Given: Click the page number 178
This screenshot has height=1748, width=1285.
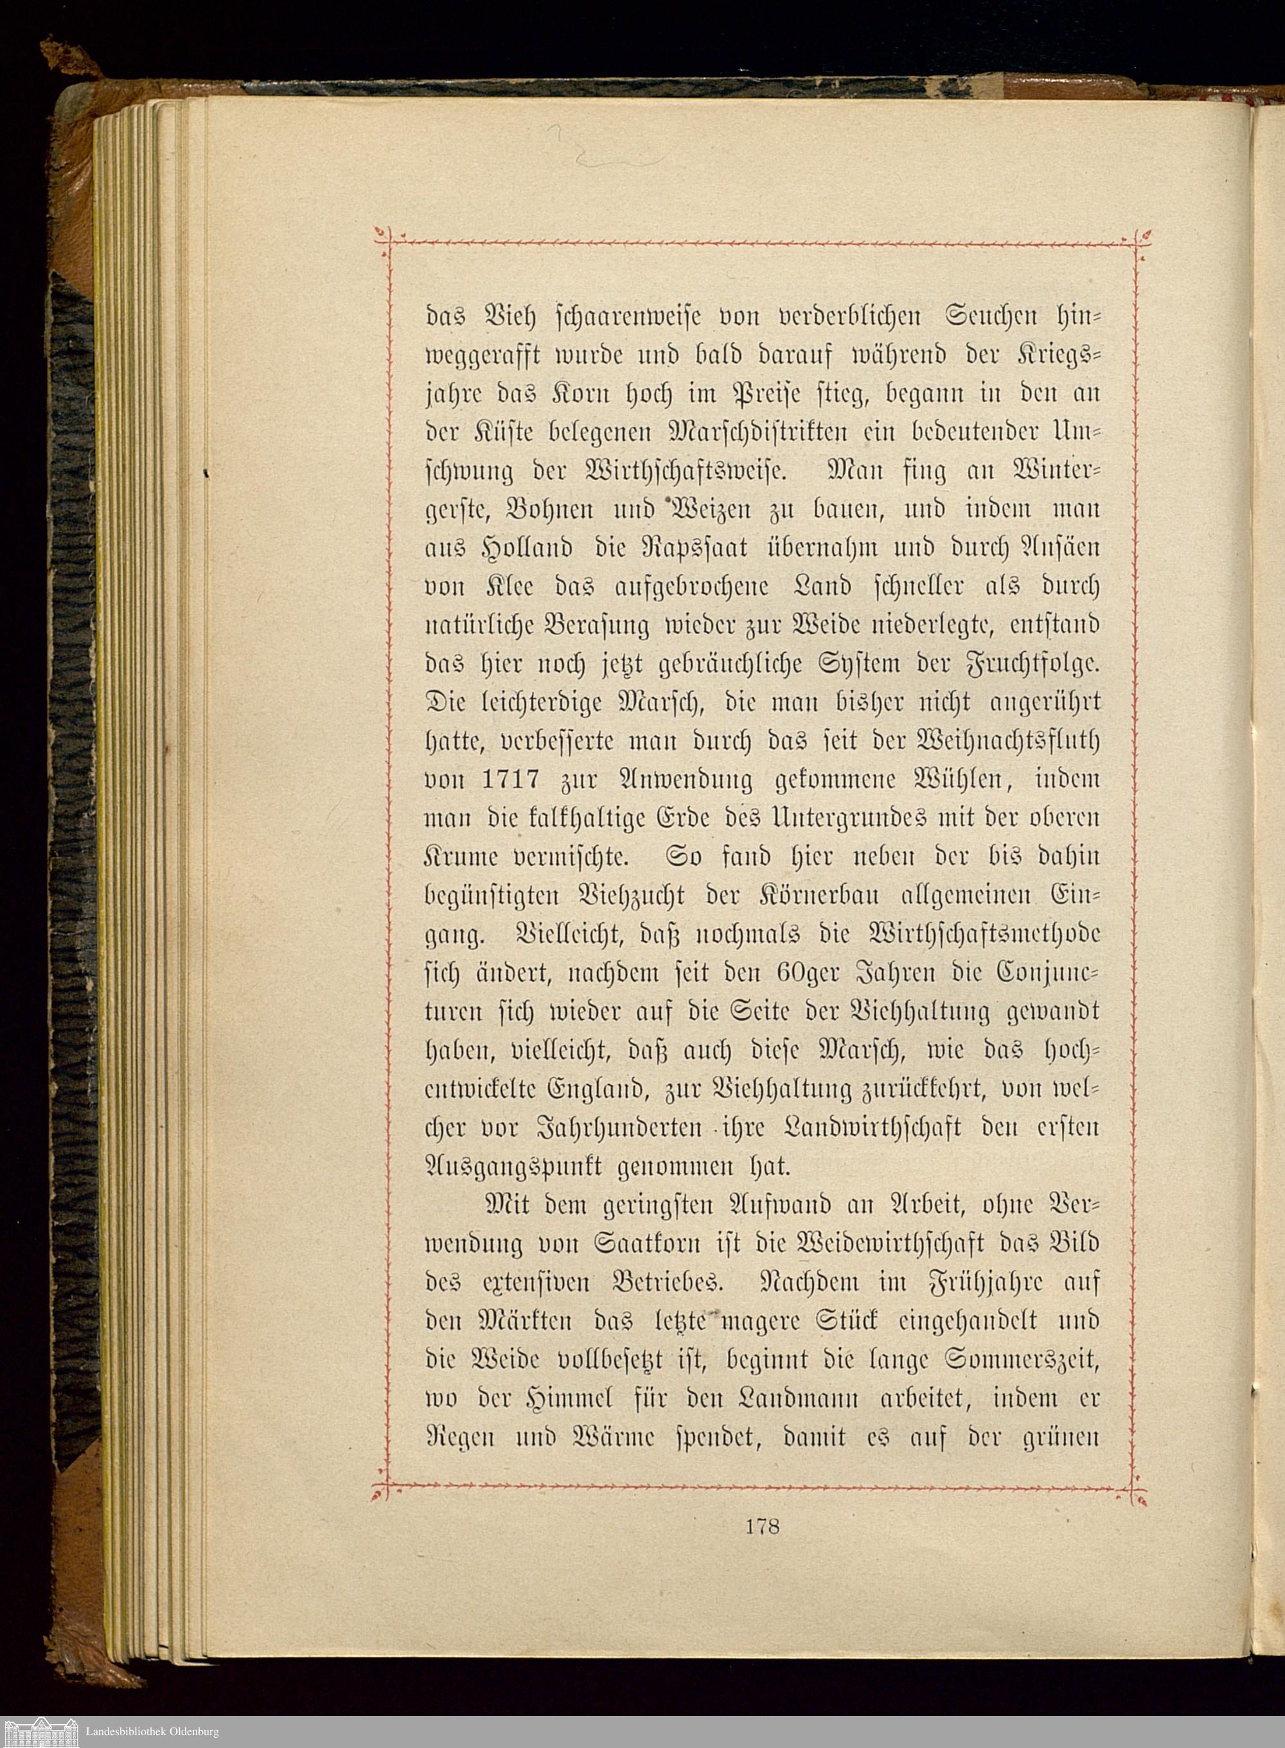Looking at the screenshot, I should pyautogui.click(x=761, y=1526).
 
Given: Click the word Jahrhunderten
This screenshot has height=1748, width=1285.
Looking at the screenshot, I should pyautogui.click(x=620, y=1127).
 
